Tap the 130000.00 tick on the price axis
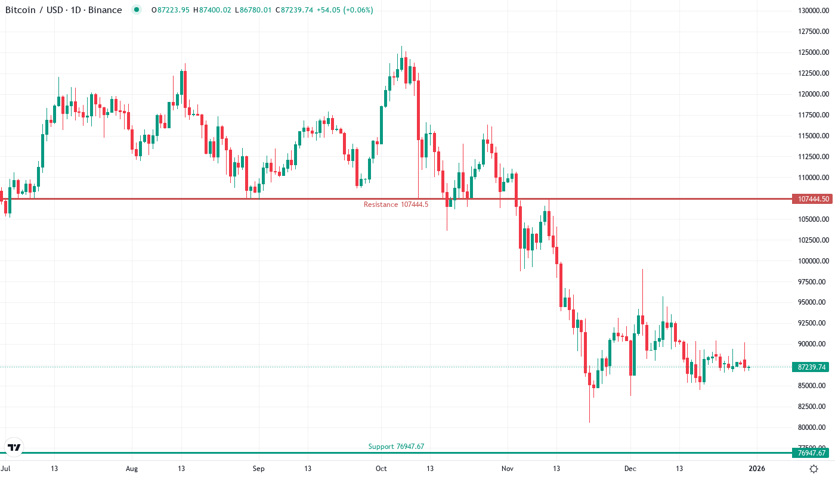(x=812, y=11)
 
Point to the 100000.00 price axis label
(x=812, y=261)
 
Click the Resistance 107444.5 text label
(x=396, y=205)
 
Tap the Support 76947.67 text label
(x=396, y=446)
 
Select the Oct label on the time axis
(x=382, y=469)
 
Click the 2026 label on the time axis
(x=757, y=469)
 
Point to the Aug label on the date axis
(x=132, y=469)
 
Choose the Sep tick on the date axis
(x=258, y=469)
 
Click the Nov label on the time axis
(x=507, y=469)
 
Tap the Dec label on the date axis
(x=630, y=469)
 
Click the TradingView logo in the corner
(x=14, y=447)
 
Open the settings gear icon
(x=814, y=469)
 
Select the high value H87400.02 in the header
(x=212, y=10)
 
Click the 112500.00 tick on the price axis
(x=812, y=157)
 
